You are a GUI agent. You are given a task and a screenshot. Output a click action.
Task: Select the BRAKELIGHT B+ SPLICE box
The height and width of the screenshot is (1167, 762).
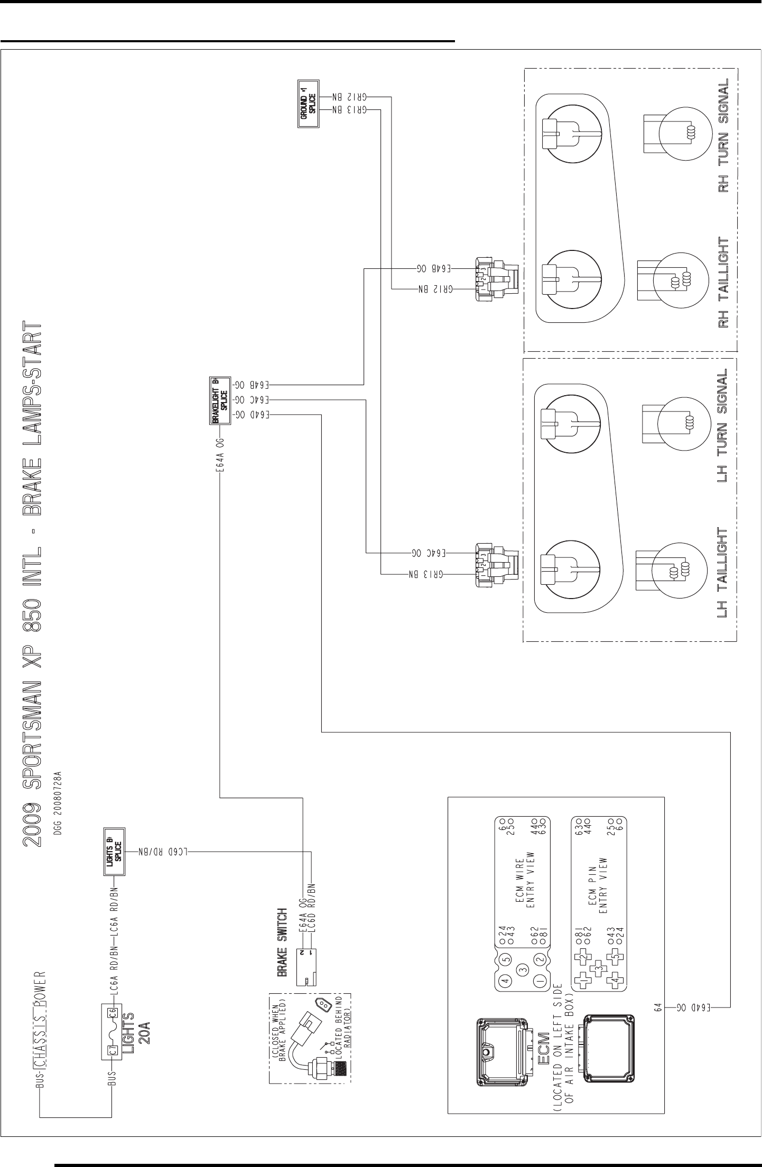[x=219, y=400]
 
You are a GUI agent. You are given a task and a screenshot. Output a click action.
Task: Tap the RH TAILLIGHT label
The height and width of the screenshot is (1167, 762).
[x=723, y=283]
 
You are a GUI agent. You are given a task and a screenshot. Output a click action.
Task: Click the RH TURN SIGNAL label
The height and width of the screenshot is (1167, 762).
[x=723, y=135]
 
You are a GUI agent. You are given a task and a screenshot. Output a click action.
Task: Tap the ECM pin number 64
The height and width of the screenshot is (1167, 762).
[x=658, y=1007]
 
